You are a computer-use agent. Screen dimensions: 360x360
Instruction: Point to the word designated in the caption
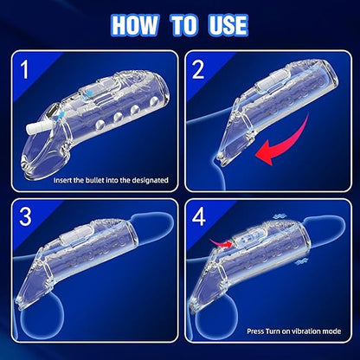pos(147,181)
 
